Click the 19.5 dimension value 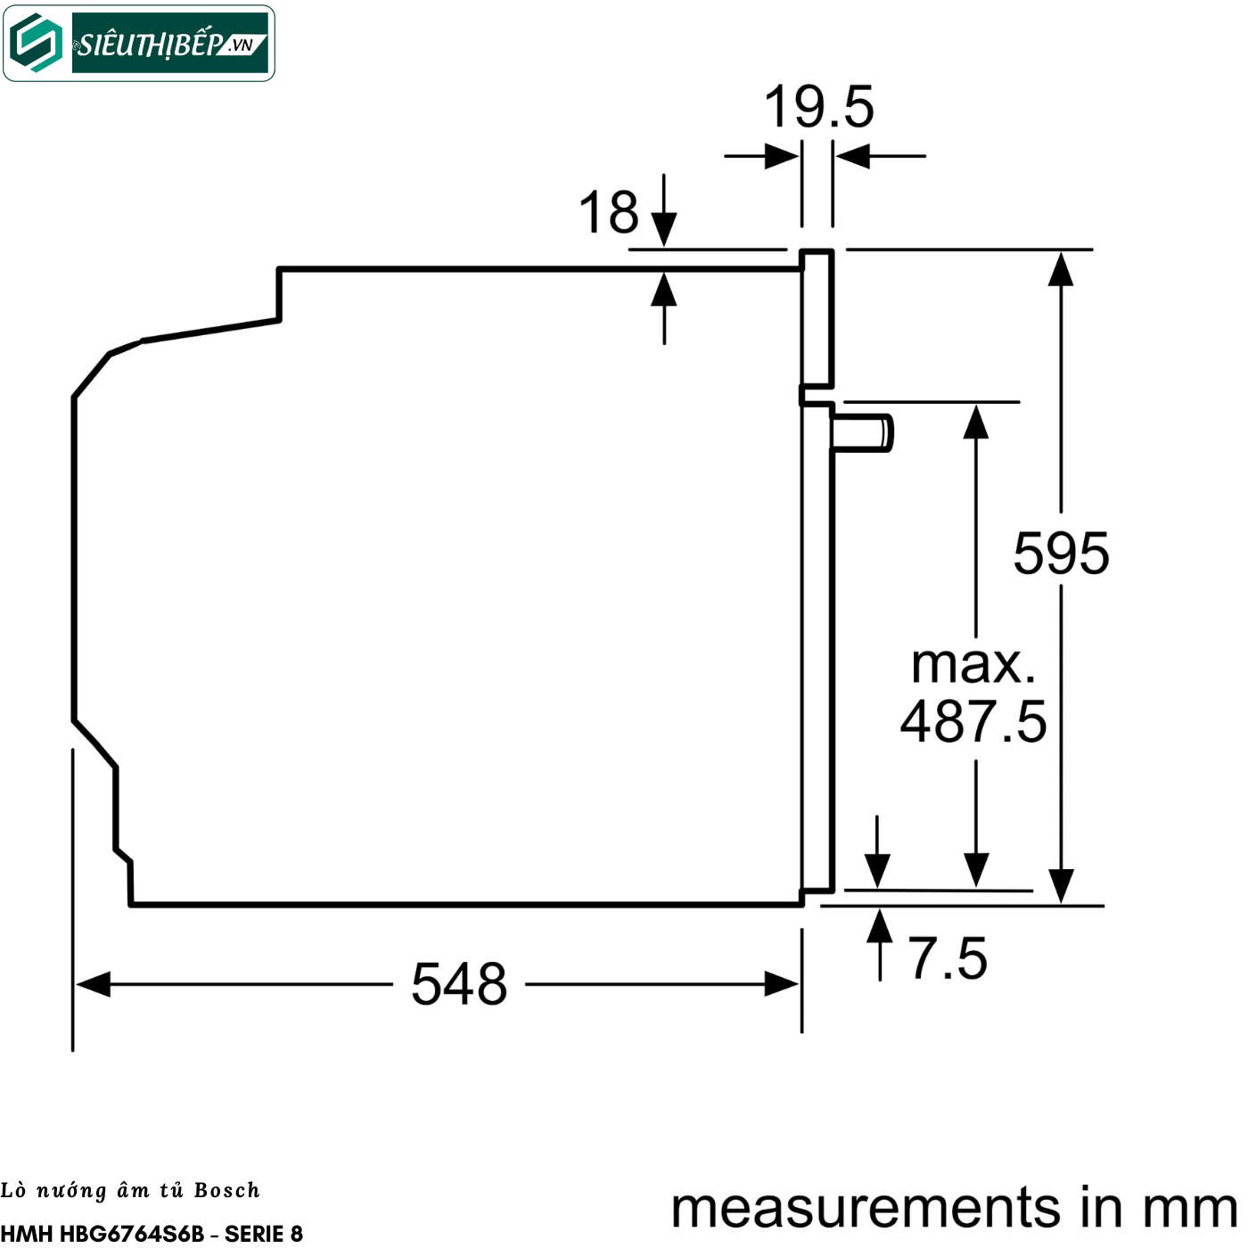click(x=818, y=107)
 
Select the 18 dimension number click(x=609, y=212)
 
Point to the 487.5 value click(x=973, y=721)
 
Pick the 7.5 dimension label click(x=948, y=958)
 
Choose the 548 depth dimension click(x=459, y=984)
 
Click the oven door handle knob click(x=863, y=433)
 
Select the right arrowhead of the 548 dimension click(x=782, y=984)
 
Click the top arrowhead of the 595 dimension click(x=1061, y=269)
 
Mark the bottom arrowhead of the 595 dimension click(x=1061, y=885)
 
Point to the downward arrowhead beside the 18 click(x=664, y=229)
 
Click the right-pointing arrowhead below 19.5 click(x=782, y=156)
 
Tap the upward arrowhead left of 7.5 click(x=880, y=925)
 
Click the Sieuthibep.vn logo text click(x=170, y=44)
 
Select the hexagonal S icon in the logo click(x=37, y=43)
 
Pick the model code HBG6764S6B click(x=132, y=1233)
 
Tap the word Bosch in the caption click(x=226, y=1190)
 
